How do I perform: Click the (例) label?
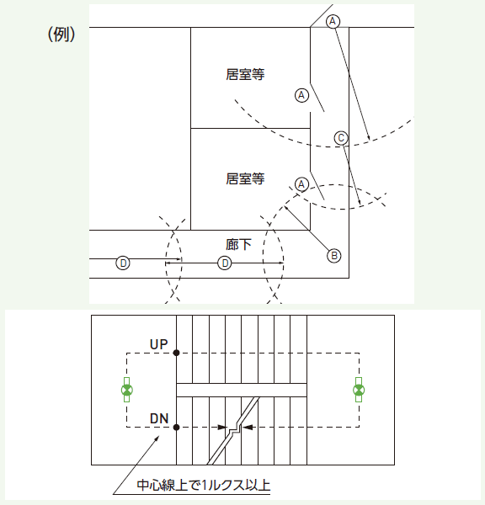(61, 35)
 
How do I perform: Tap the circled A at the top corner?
(333, 22)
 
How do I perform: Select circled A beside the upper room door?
(301, 95)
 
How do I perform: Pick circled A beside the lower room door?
(301, 184)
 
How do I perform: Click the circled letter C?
(341, 138)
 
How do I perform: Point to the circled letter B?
(334, 256)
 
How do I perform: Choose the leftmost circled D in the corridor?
(123, 263)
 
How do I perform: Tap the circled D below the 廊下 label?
(225, 263)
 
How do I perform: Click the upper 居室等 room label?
(245, 74)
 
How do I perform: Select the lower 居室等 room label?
(245, 178)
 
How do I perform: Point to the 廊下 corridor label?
(238, 244)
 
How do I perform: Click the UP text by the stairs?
(159, 344)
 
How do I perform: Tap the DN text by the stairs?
(159, 418)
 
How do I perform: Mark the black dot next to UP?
(176, 353)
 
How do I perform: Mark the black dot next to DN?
(176, 427)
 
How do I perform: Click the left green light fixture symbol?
(127, 390)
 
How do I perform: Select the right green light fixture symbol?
(359, 390)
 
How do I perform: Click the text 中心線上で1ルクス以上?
(204, 485)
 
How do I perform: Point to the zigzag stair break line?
(233, 431)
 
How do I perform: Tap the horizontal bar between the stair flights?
(242, 390)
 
